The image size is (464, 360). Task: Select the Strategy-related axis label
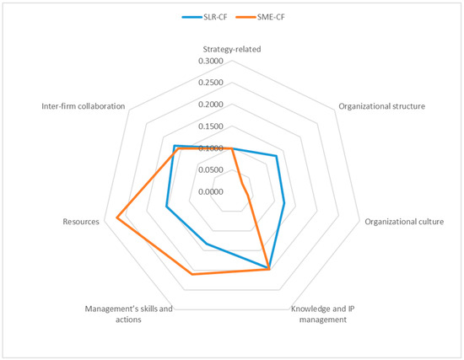coord(231,50)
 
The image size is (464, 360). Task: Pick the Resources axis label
coord(81,222)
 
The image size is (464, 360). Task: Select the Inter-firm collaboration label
coord(84,107)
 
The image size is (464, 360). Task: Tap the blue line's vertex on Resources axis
coord(166,207)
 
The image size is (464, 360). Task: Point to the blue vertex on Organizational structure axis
coord(277,156)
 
